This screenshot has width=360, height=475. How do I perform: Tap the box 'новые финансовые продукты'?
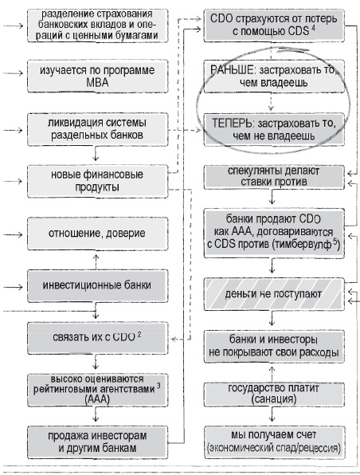click(96, 180)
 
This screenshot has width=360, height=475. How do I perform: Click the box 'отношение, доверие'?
click(96, 234)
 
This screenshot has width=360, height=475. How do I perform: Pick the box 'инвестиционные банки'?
click(96, 285)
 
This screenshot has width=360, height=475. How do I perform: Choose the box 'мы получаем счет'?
click(273, 442)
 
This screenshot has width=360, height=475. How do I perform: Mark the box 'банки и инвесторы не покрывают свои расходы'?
click(273, 343)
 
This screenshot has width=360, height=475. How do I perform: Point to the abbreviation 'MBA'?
click(96, 83)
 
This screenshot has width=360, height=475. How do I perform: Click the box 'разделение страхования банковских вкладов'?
click(96, 26)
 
